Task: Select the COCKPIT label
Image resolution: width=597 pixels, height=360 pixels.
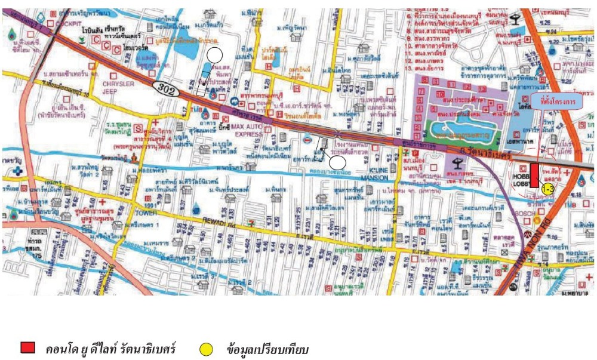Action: [x=69, y=23]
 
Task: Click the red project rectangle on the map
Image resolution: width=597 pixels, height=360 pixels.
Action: [x=534, y=175]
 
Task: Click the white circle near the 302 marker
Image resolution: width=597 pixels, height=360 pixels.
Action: [x=215, y=56]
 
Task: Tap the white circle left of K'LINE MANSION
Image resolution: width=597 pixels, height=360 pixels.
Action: [x=337, y=162]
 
